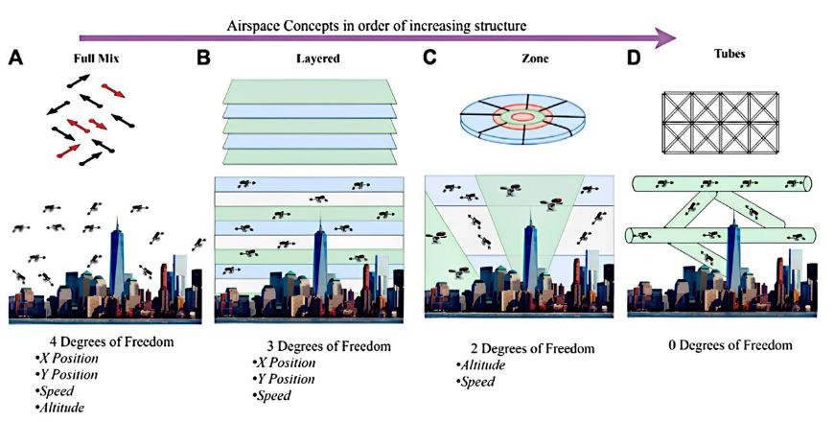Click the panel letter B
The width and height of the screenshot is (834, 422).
(x=203, y=58)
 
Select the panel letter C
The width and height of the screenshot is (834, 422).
(x=429, y=58)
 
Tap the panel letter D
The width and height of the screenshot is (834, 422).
(x=634, y=58)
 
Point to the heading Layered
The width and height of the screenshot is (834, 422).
(x=317, y=59)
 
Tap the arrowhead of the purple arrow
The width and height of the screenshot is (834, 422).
(x=663, y=38)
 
